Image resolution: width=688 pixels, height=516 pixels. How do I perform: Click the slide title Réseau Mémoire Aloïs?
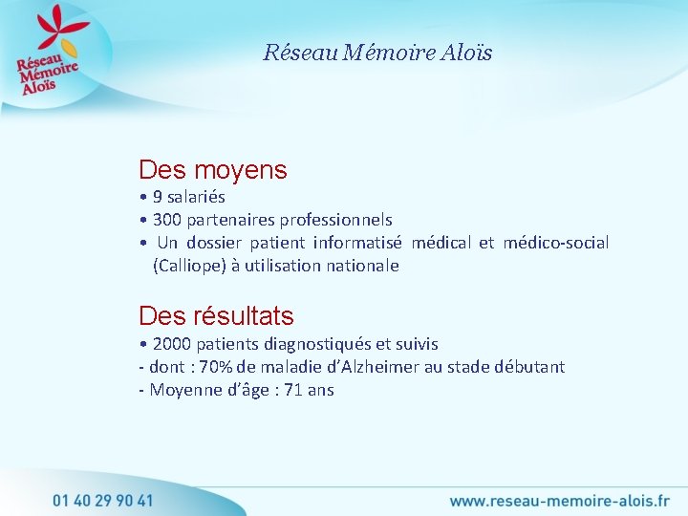tap(377, 53)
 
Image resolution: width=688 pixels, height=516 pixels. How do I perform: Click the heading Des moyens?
tap(212, 170)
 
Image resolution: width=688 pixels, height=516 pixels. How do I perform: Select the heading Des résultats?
tap(216, 315)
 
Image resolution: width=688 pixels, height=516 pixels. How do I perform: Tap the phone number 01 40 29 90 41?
tap(102, 500)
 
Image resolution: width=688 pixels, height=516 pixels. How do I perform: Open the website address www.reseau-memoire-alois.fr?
tap(559, 500)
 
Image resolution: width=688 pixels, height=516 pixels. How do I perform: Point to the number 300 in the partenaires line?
tap(168, 220)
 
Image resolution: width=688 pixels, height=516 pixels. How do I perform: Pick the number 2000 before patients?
tap(171, 344)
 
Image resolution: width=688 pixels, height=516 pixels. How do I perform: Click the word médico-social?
tap(556, 243)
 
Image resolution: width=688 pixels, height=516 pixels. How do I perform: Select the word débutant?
tap(531, 367)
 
